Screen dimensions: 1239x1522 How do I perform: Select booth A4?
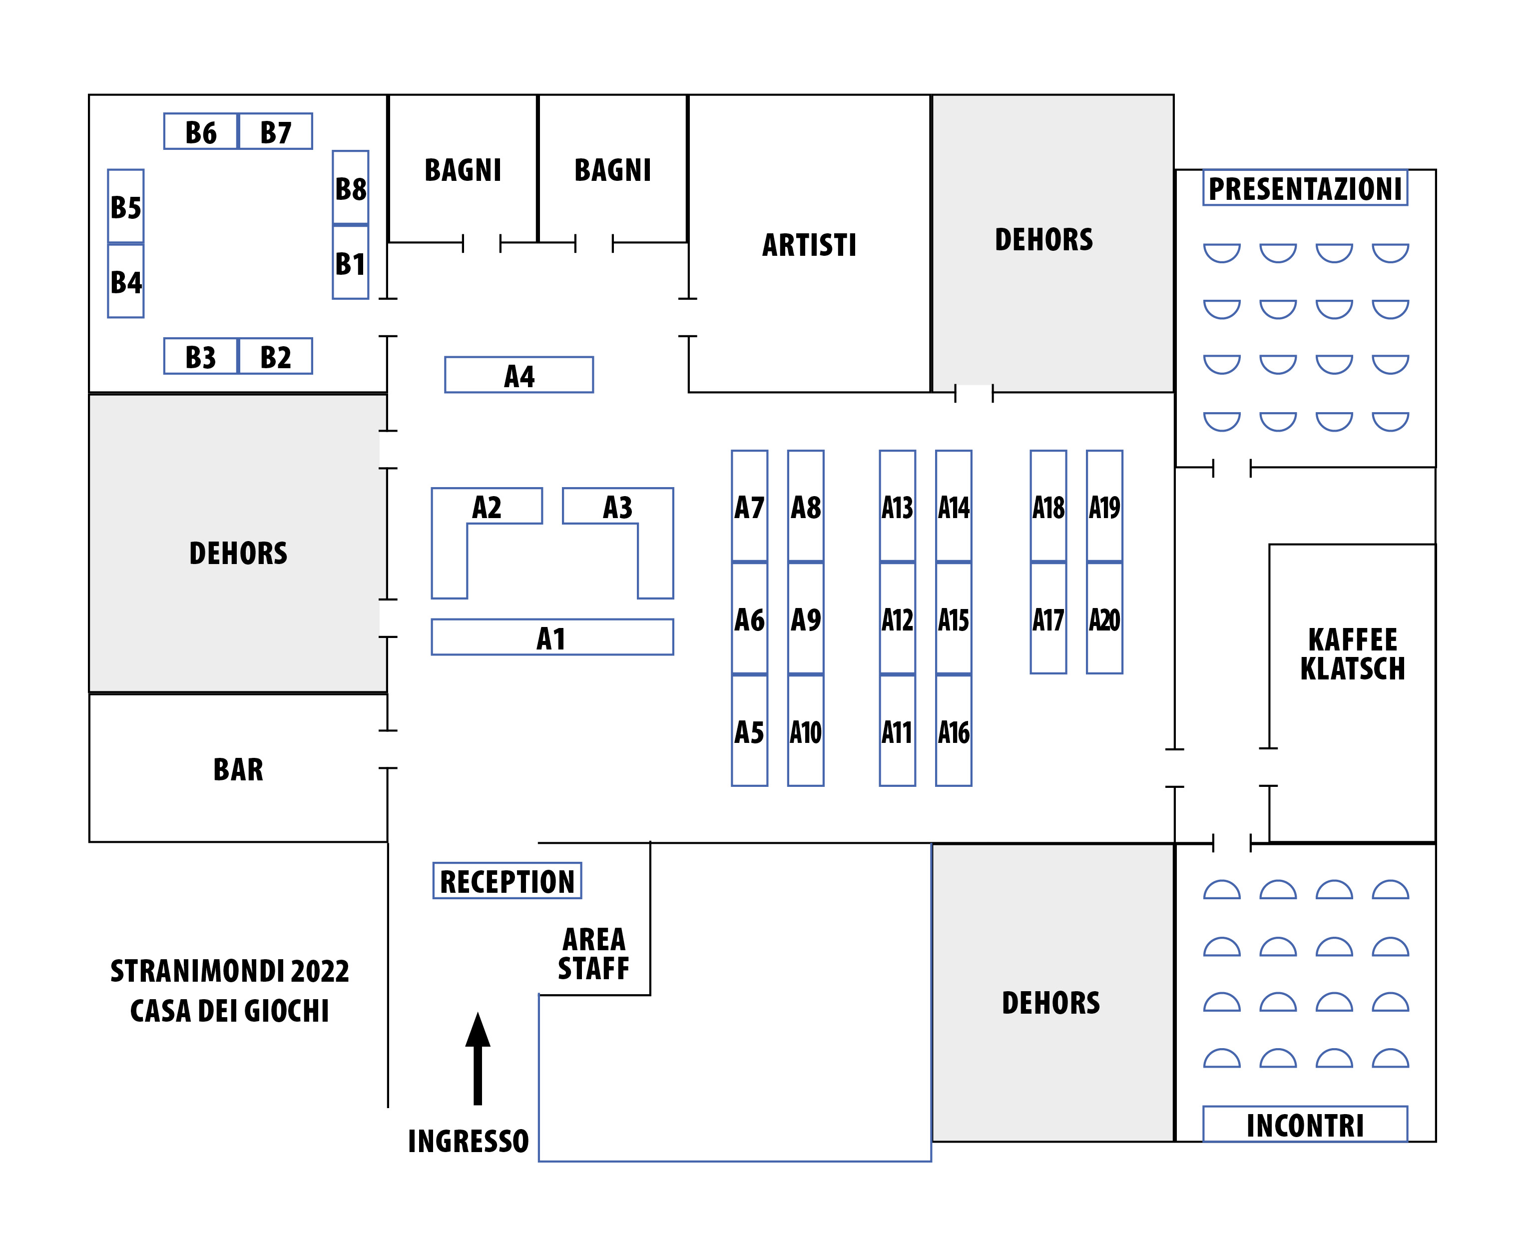(519, 375)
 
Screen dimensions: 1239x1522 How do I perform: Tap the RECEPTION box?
(507, 881)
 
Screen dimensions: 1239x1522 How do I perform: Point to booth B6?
(200, 132)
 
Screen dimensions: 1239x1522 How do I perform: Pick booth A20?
(1104, 618)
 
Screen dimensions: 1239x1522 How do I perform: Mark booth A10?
(806, 731)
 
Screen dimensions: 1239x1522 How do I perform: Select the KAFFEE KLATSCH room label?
(1352, 654)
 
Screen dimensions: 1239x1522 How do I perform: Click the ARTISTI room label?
(809, 245)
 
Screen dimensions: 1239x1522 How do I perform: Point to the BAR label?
(238, 769)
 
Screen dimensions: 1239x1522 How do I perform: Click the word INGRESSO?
(468, 1141)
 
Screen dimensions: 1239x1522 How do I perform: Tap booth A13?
(897, 507)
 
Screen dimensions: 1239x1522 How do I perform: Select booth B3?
(200, 357)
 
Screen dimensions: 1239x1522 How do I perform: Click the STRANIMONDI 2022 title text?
(230, 971)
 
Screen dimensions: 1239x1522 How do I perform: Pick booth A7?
(749, 507)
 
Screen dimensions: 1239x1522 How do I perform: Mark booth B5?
(125, 207)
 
